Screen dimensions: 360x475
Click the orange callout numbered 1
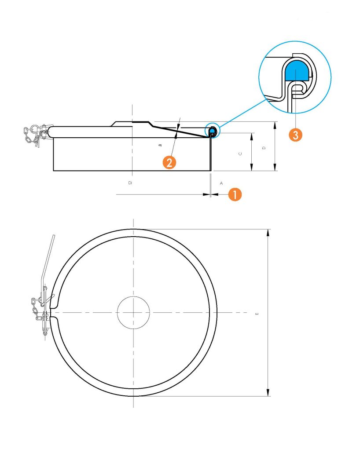235,194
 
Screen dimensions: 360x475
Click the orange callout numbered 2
169,162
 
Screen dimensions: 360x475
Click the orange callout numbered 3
295,134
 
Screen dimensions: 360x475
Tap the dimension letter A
221,183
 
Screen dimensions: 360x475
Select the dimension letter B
160,145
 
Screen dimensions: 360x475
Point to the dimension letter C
241,153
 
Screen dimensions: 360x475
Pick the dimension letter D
264,148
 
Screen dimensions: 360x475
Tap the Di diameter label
130,183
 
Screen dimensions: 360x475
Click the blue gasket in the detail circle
297,70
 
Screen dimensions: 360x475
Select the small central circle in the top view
133,312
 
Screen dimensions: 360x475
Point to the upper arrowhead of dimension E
268,233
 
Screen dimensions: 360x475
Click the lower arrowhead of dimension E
268,392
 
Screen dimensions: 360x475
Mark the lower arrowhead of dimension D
275,167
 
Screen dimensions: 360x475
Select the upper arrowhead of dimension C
251,137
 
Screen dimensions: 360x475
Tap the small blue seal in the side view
213,130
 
